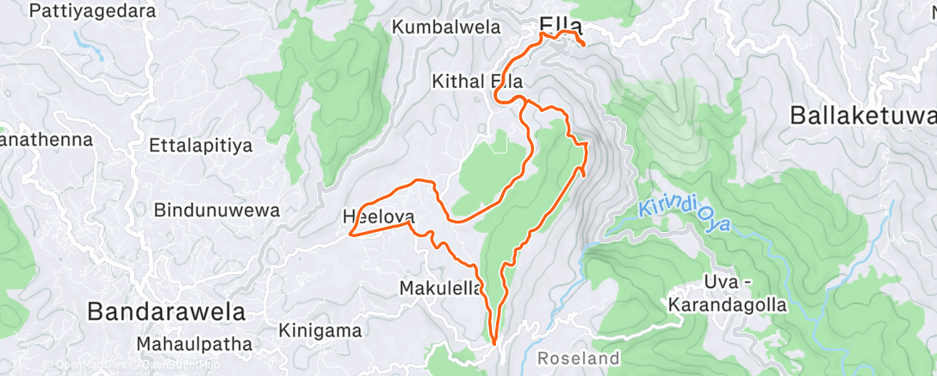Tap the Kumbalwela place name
(x=446, y=27)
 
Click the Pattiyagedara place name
(x=93, y=11)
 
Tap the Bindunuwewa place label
(x=204, y=210)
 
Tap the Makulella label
(x=441, y=288)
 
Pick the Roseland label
(x=578, y=357)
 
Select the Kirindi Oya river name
(x=686, y=216)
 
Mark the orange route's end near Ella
(x=583, y=44)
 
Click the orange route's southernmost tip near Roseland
(x=494, y=342)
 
